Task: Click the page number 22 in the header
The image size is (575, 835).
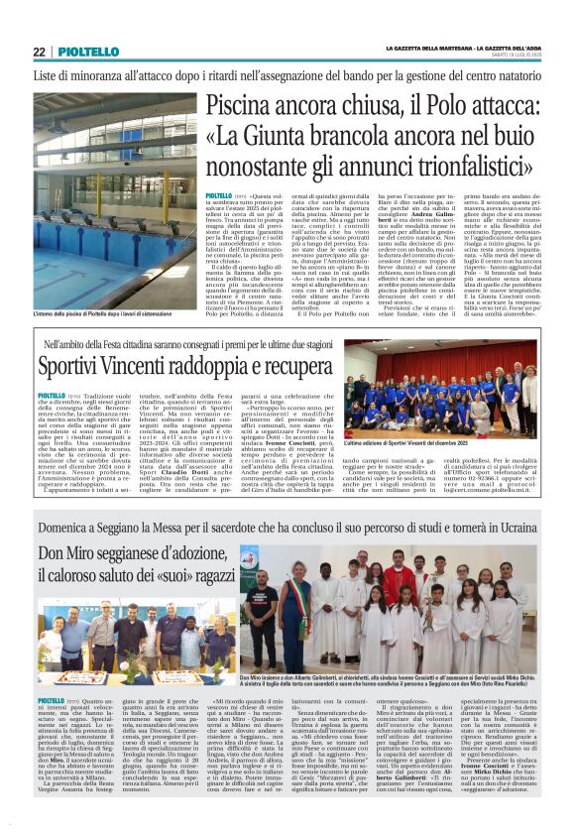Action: coord(39,52)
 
